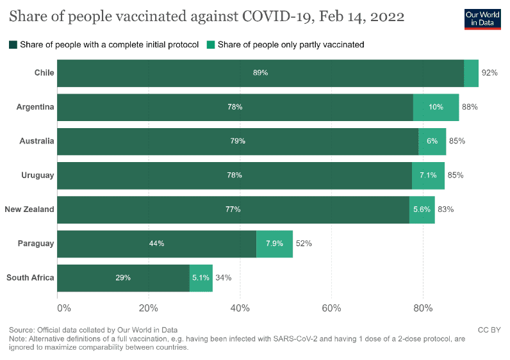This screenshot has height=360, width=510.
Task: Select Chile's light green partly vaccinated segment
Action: click(x=471, y=73)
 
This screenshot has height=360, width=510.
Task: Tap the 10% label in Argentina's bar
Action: click(x=436, y=107)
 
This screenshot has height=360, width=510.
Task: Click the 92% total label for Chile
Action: click(x=489, y=73)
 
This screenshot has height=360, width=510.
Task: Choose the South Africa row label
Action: click(x=30, y=277)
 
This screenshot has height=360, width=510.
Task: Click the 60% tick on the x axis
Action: click(x=331, y=307)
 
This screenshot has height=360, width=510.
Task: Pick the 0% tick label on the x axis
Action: click(x=64, y=307)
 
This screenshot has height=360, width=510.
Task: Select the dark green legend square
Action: click(x=13, y=45)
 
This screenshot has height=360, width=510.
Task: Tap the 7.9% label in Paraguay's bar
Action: click(x=274, y=243)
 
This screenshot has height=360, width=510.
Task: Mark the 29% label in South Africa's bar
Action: click(x=123, y=278)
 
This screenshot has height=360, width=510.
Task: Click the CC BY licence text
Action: click(x=489, y=330)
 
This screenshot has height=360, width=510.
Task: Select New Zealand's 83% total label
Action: click(x=445, y=209)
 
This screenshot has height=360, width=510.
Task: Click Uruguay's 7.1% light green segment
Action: click(x=428, y=176)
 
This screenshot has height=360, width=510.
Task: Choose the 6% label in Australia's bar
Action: click(x=432, y=141)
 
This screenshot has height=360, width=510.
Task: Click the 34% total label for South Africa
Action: click(x=223, y=278)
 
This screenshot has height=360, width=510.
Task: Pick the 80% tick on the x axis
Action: click(x=423, y=307)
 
